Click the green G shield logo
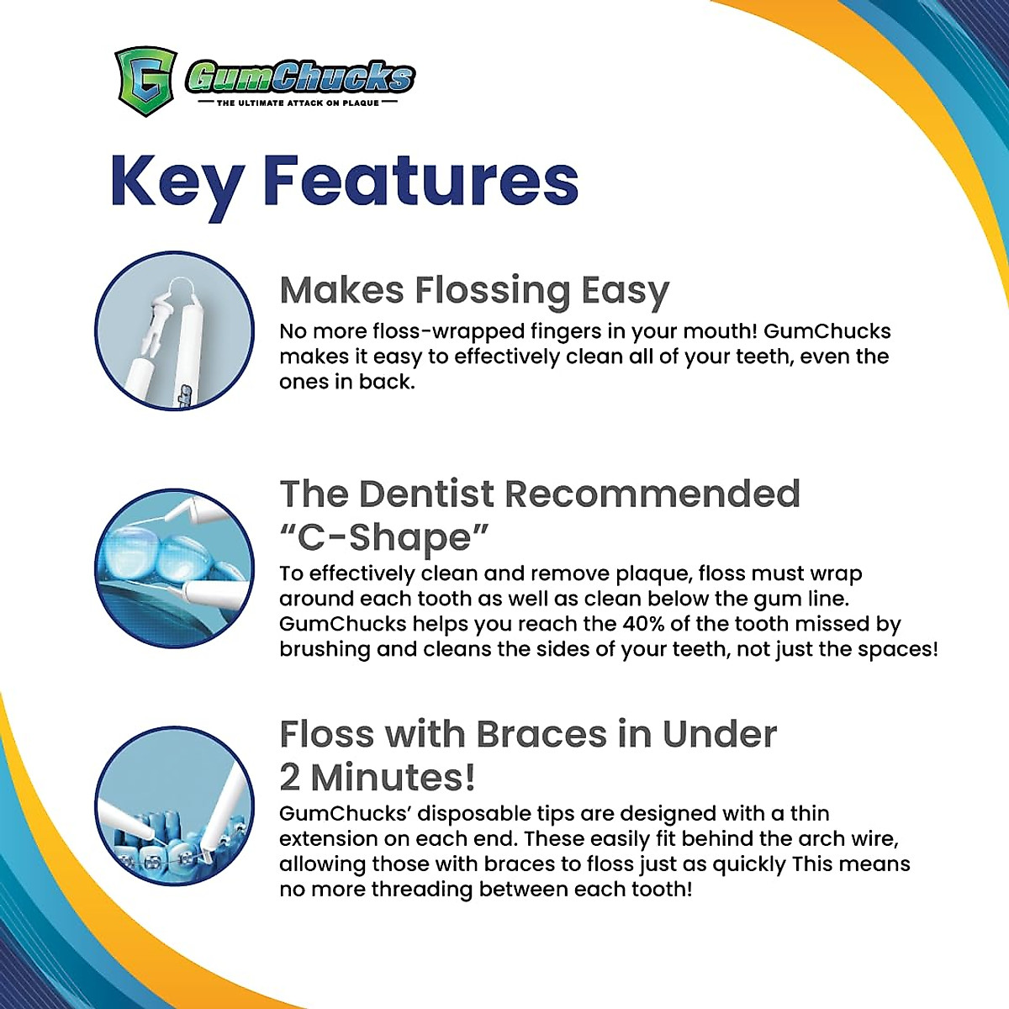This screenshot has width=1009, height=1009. click(x=145, y=81)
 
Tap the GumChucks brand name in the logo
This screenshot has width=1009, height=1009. click(x=300, y=77)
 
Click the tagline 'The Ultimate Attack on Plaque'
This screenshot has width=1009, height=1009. click(x=298, y=103)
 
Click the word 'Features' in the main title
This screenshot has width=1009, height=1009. click(x=420, y=180)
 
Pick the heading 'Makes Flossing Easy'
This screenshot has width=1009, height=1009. click(x=474, y=291)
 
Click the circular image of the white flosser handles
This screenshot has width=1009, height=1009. click(x=174, y=331)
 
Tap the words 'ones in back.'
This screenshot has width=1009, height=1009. click(x=346, y=382)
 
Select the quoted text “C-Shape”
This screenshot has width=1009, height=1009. click(x=384, y=538)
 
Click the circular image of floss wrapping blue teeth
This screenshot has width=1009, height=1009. click(x=174, y=569)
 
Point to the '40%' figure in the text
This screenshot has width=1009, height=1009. click(x=643, y=624)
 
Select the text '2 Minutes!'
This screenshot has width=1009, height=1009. click(x=378, y=778)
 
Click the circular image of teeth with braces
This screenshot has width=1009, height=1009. click(x=174, y=806)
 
